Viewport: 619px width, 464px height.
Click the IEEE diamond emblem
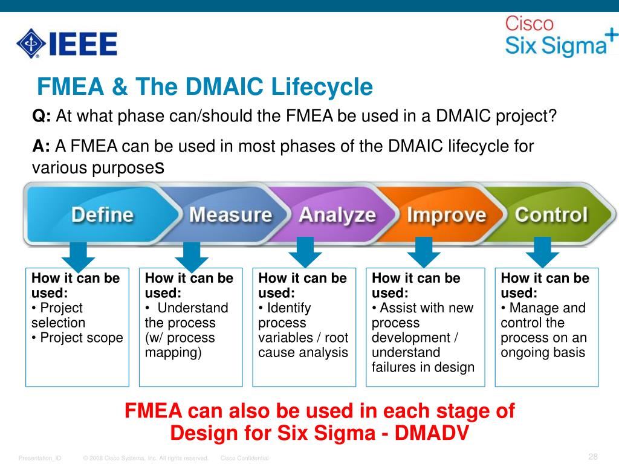(x=31, y=43)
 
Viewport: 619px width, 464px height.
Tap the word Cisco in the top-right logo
(x=530, y=24)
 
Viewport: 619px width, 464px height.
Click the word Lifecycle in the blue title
(x=322, y=87)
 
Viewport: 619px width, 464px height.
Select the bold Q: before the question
(x=42, y=117)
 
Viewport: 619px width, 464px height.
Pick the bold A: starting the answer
(x=41, y=146)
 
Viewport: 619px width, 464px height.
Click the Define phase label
(x=103, y=215)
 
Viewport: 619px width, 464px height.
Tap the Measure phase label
(x=230, y=215)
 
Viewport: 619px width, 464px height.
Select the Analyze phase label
(x=337, y=216)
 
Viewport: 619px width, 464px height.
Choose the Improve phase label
(x=447, y=216)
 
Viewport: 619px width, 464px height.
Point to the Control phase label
(x=551, y=215)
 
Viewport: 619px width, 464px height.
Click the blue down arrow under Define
(x=78, y=257)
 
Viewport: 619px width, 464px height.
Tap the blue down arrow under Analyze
(x=305, y=253)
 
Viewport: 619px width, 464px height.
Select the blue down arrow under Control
(x=542, y=253)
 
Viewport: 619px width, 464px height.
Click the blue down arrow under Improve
(x=424, y=253)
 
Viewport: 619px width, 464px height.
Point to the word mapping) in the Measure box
(x=173, y=353)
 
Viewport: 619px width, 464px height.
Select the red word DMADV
(x=432, y=433)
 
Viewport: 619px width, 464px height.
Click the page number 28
(x=593, y=457)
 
